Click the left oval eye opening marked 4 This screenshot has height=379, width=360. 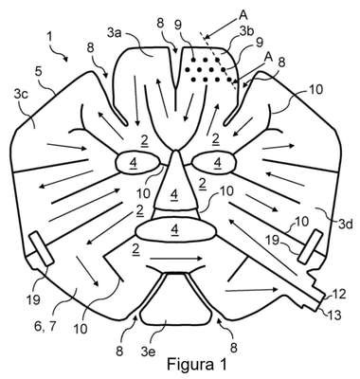coord(138,163)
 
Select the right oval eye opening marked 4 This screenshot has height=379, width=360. coord(214,163)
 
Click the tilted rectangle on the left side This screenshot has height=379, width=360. coord(42,248)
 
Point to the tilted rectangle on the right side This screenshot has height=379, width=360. coord(311,246)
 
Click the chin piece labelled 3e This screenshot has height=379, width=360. coord(175,298)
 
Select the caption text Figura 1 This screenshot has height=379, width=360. coord(197,364)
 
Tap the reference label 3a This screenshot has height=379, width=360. coord(115,33)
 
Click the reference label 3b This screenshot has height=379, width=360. coord(246,31)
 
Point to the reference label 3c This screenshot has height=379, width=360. coord(20,94)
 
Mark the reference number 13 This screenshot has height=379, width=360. coord(333,315)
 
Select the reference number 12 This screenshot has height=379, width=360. coord(338,295)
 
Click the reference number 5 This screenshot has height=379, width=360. coord(38,72)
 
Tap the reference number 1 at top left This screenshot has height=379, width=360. coord(49,37)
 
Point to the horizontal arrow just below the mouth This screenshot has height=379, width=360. coord(175,259)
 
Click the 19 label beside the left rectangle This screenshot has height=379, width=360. coord(33,300)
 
